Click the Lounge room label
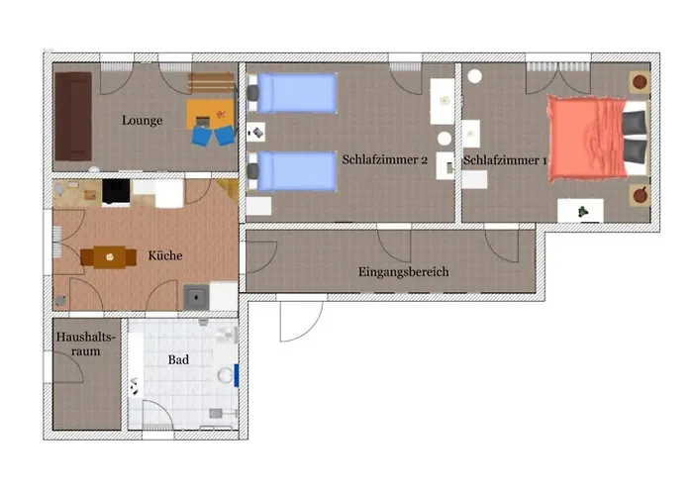[143, 121]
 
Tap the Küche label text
[165, 255]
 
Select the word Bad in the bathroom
[178, 360]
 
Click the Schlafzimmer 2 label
[384, 158]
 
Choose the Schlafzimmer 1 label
[505, 159]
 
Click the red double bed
[590, 138]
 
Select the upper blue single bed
[297, 95]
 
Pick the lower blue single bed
[297, 170]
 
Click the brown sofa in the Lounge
[72, 116]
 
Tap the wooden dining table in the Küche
[109, 257]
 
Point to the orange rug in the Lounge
[212, 111]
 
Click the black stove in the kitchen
[117, 191]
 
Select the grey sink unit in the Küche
[195, 296]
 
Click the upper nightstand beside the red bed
[640, 82]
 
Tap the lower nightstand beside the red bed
[640, 192]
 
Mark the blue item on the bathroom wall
[237, 376]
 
